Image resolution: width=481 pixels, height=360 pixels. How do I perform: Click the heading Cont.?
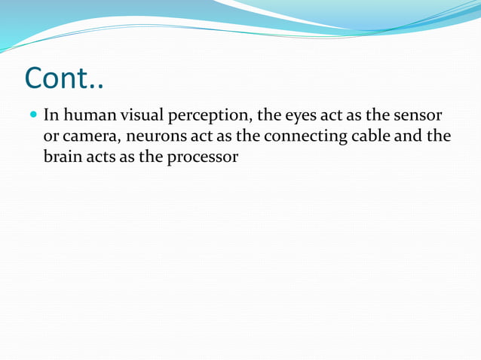pos(63,78)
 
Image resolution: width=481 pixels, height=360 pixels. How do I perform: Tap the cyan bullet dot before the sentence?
pos(32,117)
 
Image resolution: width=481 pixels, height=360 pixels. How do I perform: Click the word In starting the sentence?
pos(51,117)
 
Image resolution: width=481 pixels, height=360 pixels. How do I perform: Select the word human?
pos(88,117)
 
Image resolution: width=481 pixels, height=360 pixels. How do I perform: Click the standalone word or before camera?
pos(51,138)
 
